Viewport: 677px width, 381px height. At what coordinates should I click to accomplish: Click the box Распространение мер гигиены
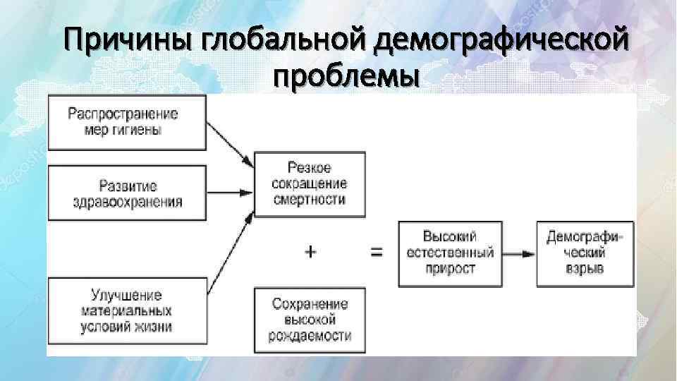coord(127,122)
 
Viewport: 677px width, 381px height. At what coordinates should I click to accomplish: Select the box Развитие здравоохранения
coord(127,193)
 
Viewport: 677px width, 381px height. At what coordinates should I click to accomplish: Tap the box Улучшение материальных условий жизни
coord(127,310)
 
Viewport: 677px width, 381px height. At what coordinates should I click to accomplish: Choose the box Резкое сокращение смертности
coord(310,183)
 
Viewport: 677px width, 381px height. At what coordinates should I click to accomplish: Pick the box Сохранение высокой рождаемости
coord(310,320)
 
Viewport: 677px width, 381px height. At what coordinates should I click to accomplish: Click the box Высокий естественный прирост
coord(450,253)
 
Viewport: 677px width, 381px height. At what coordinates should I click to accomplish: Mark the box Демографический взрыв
coord(585,253)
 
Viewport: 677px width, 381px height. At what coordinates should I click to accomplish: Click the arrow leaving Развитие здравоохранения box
coord(231,191)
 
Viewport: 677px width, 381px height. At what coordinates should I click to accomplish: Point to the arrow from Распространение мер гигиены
coord(231,147)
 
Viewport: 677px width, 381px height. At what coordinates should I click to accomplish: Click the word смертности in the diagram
coord(310,200)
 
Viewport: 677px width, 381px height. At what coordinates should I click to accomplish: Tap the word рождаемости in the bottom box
coord(310,336)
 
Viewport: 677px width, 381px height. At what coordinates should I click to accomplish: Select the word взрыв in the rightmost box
coord(585,270)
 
